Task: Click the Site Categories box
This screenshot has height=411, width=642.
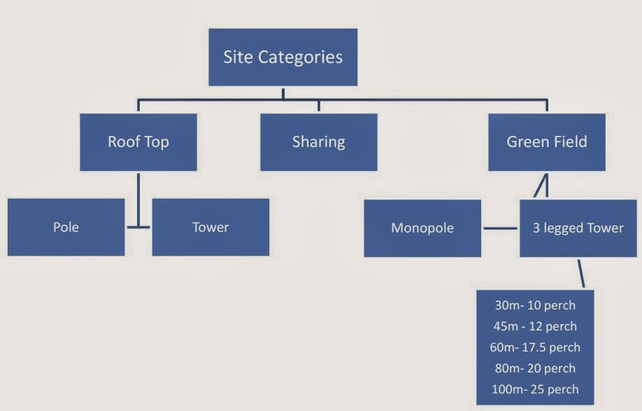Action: point(283,57)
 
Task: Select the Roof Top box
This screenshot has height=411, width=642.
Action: point(138,142)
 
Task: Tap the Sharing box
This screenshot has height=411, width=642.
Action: point(318,142)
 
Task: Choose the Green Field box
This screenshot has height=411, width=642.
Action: point(546,142)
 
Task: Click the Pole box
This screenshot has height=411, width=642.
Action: point(66,228)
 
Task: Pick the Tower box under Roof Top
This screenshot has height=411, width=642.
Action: point(210,228)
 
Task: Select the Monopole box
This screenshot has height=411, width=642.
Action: point(422,228)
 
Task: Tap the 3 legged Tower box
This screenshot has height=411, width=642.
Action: point(578,228)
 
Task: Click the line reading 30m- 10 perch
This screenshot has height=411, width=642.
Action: point(535,305)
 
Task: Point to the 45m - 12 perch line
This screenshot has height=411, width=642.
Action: point(535,326)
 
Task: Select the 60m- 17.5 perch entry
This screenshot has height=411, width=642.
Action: point(535,347)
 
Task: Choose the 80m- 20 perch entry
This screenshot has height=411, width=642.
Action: point(535,368)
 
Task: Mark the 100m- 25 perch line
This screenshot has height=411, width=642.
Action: point(535,389)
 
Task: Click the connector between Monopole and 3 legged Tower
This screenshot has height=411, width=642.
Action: point(501,228)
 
